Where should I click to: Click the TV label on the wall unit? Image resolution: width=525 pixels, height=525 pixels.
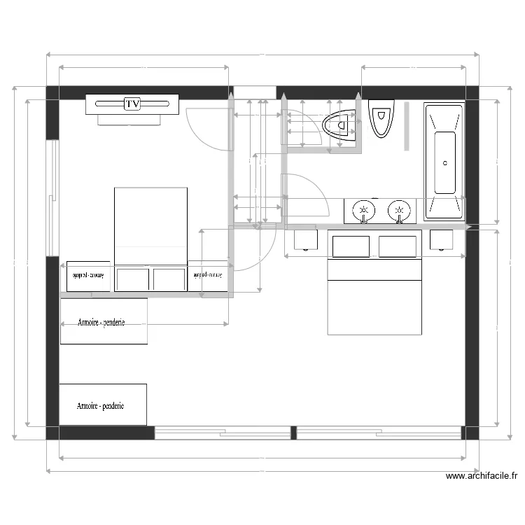click(132, 104)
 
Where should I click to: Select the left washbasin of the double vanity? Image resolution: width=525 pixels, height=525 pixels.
click(363, 209)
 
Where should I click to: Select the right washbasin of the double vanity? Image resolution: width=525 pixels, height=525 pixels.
click(400, 209)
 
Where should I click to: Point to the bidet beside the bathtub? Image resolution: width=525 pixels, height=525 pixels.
click(381, 118)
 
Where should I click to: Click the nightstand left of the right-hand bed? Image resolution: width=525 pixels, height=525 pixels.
click(306, 240)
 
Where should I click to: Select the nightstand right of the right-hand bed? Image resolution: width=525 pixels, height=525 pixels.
click(442, 240)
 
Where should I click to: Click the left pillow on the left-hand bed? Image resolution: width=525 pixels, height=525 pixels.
click(133, 279)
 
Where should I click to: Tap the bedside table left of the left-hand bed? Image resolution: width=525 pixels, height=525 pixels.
click(87, 276)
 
